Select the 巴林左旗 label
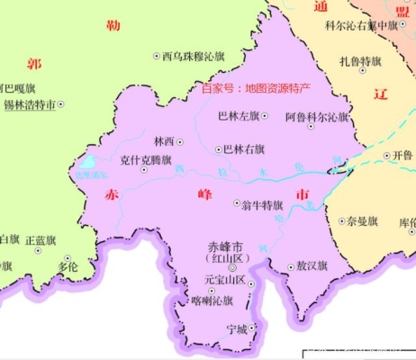239,116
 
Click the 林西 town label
164,141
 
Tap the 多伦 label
68,266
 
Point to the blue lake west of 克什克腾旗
86,165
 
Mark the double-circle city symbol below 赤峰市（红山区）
231,268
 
